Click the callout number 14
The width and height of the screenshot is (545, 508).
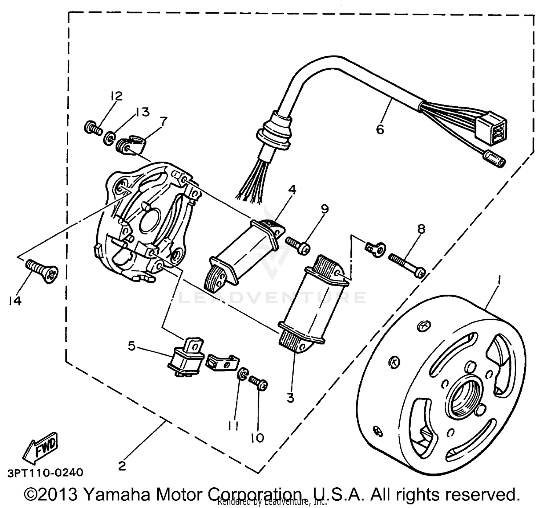coord(15,301)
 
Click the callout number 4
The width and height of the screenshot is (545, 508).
coord(292,189)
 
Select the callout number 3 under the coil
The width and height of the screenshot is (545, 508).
coord(290,398)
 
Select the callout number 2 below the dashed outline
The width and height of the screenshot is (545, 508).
coord(122,466)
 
